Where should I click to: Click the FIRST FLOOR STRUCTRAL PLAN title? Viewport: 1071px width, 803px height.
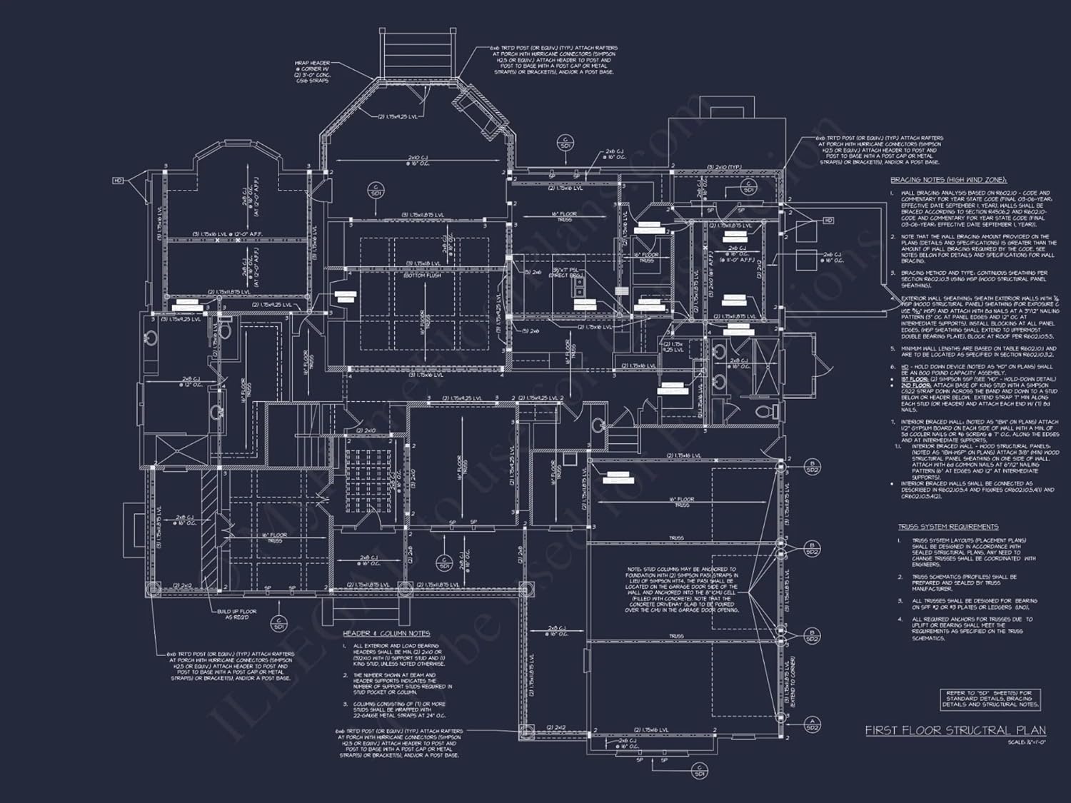(955, 730)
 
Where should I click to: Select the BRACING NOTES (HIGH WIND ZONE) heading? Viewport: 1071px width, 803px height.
(948, 180)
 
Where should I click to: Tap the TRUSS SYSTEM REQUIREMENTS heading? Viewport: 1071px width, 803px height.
(948, 527)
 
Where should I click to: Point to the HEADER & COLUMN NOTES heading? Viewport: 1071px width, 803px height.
(386, 633)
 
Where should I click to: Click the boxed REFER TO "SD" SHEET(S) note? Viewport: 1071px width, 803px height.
(989, 699)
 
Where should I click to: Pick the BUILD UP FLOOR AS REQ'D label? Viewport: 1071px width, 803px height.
(237, 615)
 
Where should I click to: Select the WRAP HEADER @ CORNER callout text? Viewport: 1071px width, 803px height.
(312, 71)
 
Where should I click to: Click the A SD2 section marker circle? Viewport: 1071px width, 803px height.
(812, 723)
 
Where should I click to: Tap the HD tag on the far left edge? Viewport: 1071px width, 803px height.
(118, 181)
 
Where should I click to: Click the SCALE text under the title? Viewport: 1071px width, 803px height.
(1025, 743)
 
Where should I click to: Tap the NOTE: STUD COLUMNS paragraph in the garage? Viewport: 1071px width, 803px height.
(682, 590)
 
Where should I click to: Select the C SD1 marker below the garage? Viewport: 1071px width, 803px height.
(700, 770)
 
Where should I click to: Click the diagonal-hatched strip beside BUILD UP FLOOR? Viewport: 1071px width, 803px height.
(208, 532)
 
